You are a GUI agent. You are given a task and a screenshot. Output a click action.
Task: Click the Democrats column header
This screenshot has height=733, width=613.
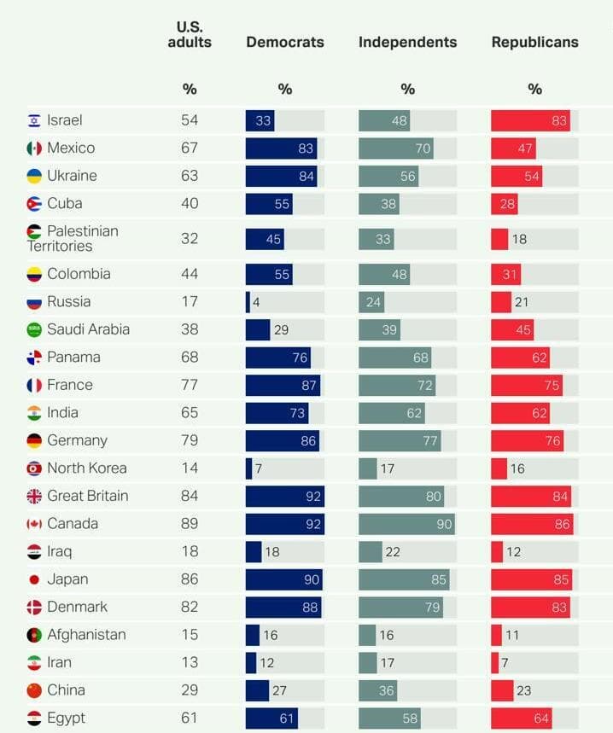tap(284, 42)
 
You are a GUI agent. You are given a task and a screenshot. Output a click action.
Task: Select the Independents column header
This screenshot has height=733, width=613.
tap(407, 42)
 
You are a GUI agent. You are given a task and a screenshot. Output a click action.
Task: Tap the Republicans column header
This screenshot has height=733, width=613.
tap(534, 42)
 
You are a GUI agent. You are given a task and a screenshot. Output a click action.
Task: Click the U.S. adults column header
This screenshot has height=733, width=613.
tap(189, 34)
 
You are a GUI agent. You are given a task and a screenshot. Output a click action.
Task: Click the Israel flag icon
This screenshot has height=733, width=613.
tap(34, 121)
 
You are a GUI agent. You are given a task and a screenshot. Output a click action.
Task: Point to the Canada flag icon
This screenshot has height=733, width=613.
tap(34, 524)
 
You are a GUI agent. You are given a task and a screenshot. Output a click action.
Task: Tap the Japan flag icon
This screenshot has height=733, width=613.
tap(34, 579)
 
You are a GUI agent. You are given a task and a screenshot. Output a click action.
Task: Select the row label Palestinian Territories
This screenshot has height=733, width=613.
tap(73, 238)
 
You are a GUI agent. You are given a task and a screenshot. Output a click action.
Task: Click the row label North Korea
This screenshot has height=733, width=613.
tap(86, 468)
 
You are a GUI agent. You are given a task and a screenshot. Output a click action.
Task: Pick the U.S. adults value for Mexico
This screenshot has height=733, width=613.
tap(189, 148)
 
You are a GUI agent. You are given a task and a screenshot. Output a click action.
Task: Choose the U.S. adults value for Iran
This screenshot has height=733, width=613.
tap(189, 662)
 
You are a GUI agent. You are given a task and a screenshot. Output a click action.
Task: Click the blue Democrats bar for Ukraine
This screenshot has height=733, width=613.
tap(281, 177)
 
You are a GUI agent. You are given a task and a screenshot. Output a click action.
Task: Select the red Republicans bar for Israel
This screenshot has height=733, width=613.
tap(530, 121)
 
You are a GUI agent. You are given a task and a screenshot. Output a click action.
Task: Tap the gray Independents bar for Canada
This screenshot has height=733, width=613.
tap(406, 524)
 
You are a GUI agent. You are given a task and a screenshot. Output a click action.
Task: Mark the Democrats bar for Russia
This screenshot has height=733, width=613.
tap(248, 302)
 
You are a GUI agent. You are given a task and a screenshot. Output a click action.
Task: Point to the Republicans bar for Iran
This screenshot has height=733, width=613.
tap(494, 662)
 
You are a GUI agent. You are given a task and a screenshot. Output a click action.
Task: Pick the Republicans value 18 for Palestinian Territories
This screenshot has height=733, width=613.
tap(519, 239)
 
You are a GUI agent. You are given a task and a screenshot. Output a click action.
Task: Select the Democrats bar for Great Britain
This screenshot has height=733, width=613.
tap(284, 496)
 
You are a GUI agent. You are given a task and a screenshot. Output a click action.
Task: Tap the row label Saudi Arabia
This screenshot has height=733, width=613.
tap(88, 329)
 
